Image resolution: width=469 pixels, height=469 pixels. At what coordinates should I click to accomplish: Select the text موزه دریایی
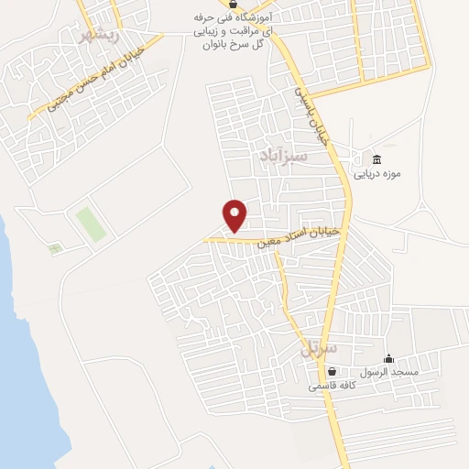click(x=377, y=172)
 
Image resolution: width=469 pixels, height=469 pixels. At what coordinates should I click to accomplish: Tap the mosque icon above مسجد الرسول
click(x=388, y=358)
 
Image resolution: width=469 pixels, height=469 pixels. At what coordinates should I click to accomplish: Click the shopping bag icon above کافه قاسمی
click(x=332, y=372)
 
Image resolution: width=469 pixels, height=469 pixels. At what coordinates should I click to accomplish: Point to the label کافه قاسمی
click(x=330, y=386)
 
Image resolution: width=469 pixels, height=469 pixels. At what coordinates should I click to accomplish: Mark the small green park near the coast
click(x=56, y=247)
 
